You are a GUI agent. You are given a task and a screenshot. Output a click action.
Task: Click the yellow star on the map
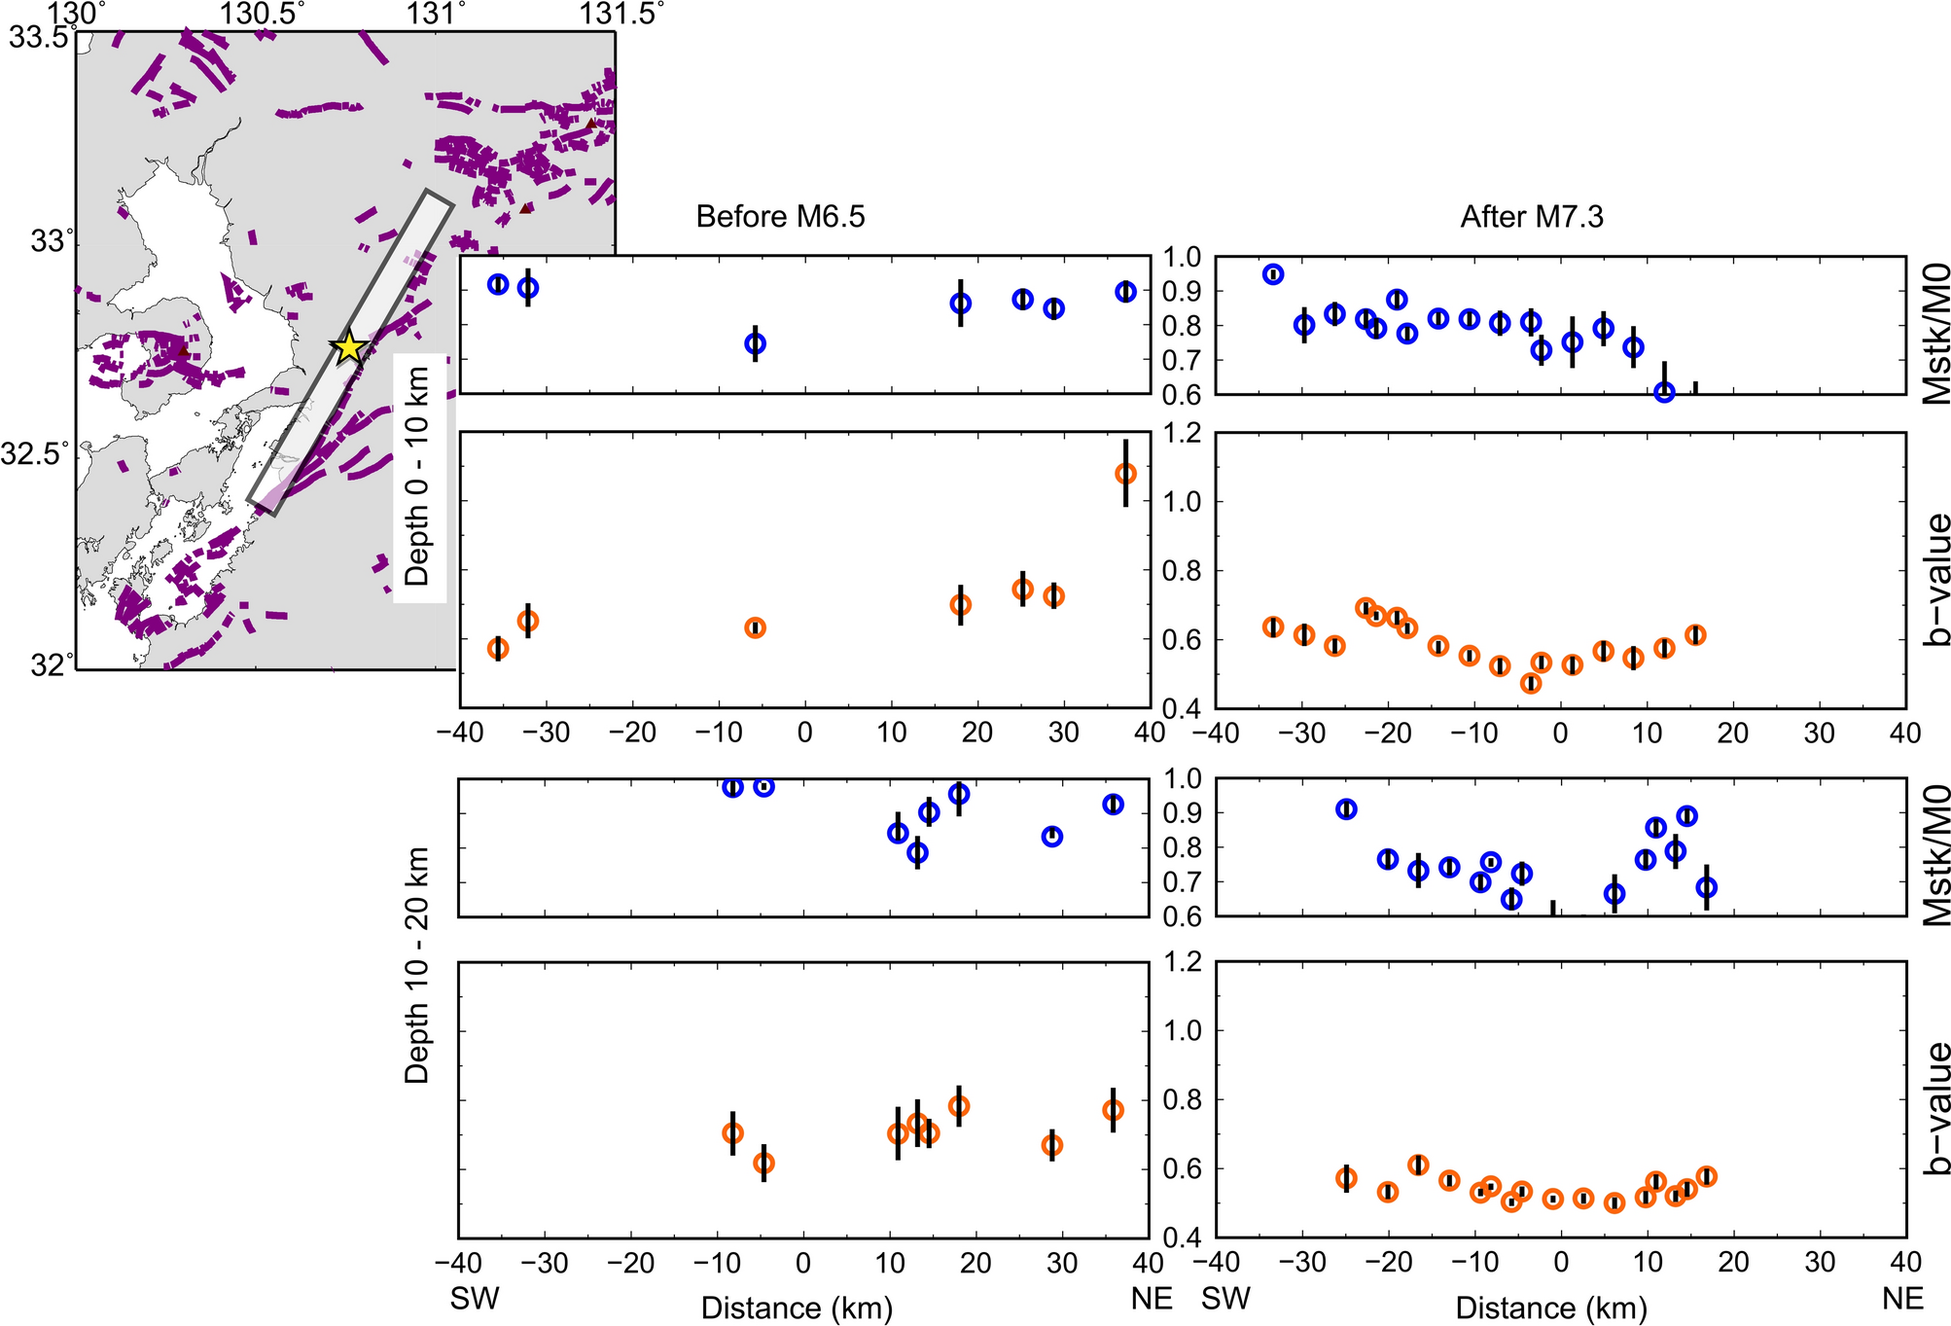[349, 347]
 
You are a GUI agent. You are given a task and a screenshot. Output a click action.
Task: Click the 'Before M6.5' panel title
[780, 216]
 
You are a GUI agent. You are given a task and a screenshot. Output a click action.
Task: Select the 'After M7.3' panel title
[1532, 216]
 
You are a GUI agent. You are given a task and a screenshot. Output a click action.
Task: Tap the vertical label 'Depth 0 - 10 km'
[417, 477]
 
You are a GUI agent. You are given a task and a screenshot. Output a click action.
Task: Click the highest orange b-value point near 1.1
[1125, 474]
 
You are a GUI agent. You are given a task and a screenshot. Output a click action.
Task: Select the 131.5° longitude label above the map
[622, 14]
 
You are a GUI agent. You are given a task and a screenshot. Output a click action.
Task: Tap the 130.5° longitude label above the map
[263, 14]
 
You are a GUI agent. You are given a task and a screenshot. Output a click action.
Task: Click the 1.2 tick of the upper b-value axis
[1183, 433]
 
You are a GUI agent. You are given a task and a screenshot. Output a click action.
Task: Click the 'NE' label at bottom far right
[1902, 1299]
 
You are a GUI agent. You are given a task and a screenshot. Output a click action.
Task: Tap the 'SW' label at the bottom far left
[475, 1299]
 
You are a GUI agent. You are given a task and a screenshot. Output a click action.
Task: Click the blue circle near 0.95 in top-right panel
[1273, 274]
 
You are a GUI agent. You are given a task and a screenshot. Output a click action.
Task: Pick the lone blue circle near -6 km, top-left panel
[755, 343]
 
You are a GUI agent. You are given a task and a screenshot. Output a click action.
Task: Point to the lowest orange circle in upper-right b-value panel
[1531, 684]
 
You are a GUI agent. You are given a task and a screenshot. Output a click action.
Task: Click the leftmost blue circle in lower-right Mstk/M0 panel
[1346, 809]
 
